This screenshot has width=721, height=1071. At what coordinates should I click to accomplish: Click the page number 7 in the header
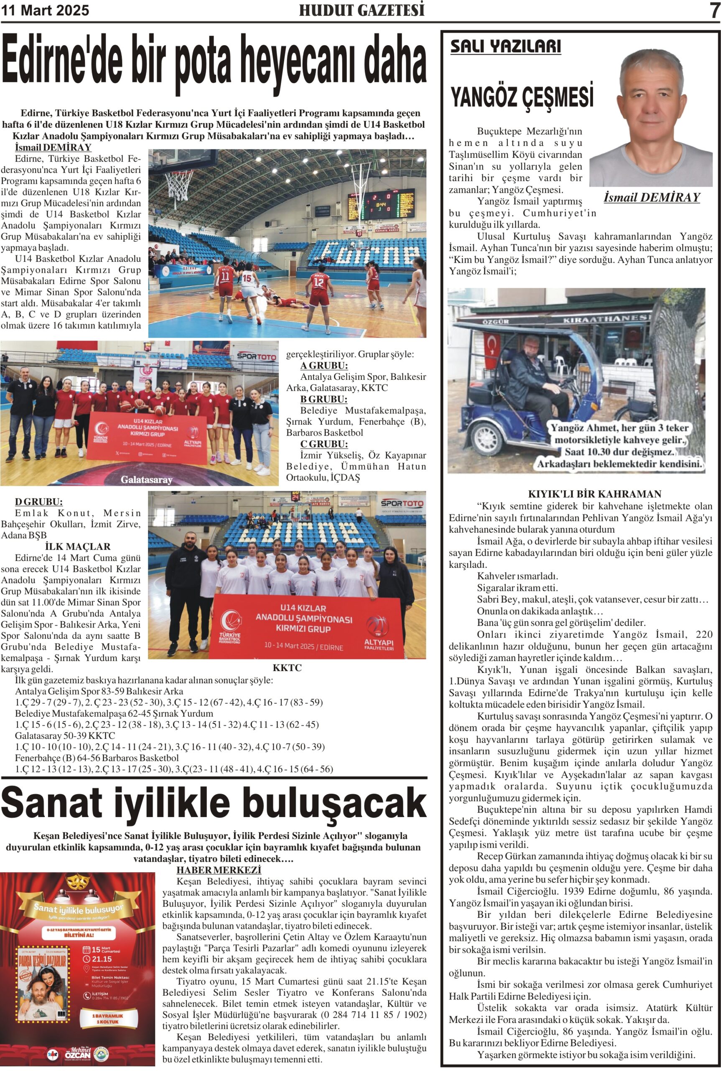[714, 10]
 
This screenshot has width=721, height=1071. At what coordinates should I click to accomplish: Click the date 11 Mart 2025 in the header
[45, 10]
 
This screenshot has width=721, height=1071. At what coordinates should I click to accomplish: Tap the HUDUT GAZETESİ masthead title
[362, 10]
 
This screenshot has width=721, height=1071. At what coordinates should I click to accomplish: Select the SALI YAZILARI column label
[505, 46]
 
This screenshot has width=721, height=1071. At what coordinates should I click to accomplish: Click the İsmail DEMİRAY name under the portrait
[652, 197]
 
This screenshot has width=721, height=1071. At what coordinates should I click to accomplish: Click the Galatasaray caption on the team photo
[146, 479]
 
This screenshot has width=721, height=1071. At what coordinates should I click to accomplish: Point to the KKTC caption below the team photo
[287, 668]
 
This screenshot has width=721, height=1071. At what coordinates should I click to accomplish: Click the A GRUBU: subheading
[324, 366]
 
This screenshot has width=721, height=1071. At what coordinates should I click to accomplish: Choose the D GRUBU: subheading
[38, 502]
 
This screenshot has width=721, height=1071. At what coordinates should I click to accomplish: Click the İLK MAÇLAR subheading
[78, 546]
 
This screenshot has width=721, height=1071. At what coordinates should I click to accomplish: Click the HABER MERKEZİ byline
[219, 870]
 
